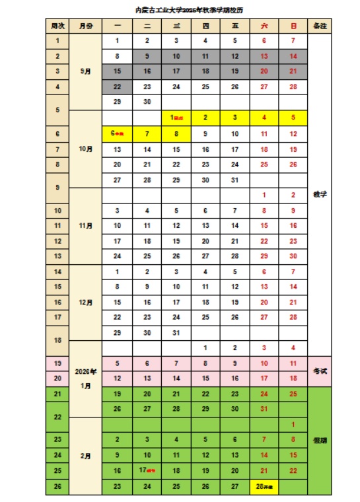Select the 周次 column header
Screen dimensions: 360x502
57,25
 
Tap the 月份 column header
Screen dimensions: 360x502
86,25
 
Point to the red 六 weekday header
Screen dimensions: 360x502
264,25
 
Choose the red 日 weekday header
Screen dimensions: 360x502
293,25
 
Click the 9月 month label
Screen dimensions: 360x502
86,71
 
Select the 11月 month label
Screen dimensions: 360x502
86,226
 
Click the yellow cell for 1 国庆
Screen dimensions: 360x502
176,118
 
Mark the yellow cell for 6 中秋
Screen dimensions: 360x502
118,133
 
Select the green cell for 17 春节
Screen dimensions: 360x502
147,471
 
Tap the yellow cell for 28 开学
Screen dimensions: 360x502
264,487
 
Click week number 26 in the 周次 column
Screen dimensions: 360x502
57,487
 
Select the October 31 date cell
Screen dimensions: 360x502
234,180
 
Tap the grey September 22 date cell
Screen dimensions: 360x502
118,87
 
